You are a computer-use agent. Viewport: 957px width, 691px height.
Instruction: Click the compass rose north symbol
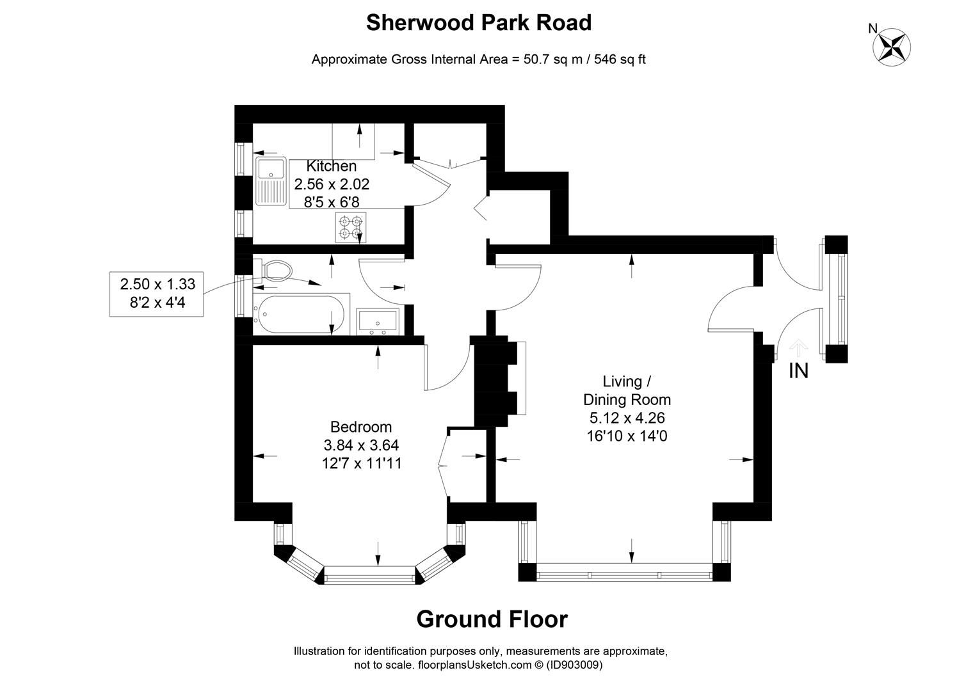(x=892, y=45)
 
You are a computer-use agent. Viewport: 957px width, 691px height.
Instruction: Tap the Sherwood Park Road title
(x=478, y=22)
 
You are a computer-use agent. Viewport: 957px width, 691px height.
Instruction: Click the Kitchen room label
(x=331, y=166)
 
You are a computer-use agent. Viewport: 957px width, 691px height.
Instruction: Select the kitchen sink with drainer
(x=271, y=182)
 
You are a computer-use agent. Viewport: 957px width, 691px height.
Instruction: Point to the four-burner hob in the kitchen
(x=351, y=228)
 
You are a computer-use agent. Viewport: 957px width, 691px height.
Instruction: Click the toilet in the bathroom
(x=273, y=271)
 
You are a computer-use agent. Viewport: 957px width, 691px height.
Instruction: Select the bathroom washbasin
(x=378, y=321)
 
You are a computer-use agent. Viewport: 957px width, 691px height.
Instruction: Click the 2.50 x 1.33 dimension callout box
(x=157, y=293)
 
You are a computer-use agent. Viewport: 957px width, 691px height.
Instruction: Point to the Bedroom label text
(x=361, y=427)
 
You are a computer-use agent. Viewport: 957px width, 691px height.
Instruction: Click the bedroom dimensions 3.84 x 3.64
(x=361, y=445)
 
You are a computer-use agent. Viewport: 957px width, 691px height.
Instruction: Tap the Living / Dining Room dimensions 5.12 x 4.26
(x=627, y=418)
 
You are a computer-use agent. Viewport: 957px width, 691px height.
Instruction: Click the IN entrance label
(x=798, y=370)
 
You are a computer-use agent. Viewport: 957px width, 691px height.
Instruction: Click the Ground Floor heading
(x=491, y=619)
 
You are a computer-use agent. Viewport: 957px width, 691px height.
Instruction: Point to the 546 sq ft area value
(x=620, y=60)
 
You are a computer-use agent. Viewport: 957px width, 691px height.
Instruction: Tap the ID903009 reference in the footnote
(x=574, y=665)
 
